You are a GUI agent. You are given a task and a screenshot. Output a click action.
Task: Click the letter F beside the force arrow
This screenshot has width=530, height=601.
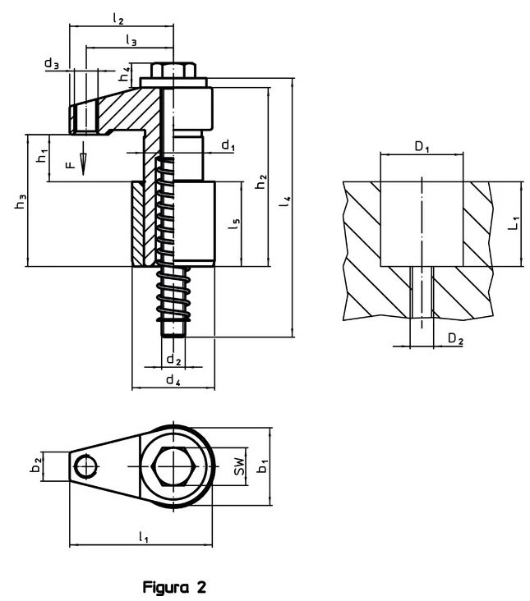coord(71,164)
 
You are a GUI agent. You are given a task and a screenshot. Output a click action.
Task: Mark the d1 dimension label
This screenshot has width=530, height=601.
coord(229,145)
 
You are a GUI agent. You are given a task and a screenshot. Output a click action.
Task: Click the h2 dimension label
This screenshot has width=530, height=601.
coord(260,183)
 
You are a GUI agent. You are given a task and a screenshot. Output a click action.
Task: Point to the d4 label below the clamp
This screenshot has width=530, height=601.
coord(173,379)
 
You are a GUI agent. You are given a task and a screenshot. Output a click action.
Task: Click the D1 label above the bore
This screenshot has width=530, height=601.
coord(422,148)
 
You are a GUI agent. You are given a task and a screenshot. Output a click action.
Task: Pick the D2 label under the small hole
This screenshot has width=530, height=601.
coord(455,338)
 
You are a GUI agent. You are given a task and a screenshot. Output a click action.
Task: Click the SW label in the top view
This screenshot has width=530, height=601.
coord(238,467)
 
